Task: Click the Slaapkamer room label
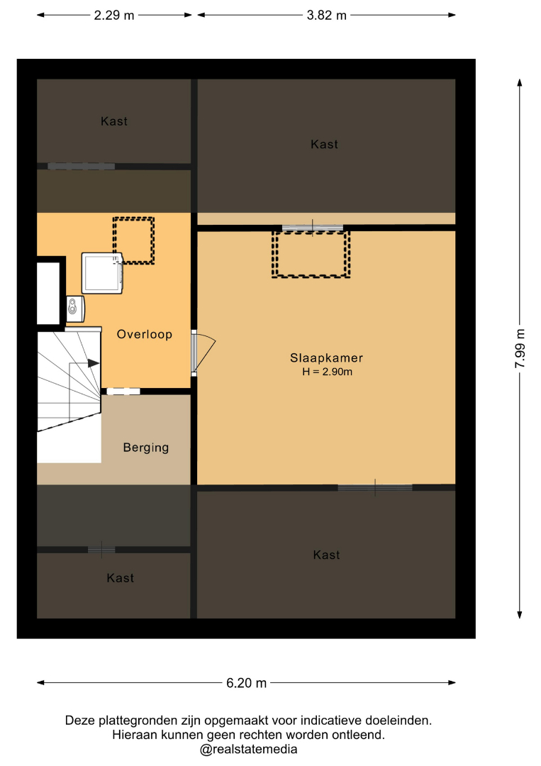pos(326,358)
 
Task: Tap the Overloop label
pos(145,335)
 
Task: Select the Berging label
pos(146,448)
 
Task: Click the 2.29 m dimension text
pos(113,15)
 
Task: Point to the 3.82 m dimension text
pos(327,15)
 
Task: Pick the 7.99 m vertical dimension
pos(520,349)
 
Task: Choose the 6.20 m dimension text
pos(247,683)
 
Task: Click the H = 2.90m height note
pos(327,372)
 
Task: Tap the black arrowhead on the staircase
pos(94,363)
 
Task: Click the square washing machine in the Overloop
pos(102,273)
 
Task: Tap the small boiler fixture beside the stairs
pos(75,309)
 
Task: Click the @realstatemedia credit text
pos(249,750)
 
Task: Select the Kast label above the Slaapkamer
pos(324,145)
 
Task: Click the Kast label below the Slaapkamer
pos(327,555)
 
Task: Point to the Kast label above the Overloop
pos(114,122)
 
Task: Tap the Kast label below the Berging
pos(120,579)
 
